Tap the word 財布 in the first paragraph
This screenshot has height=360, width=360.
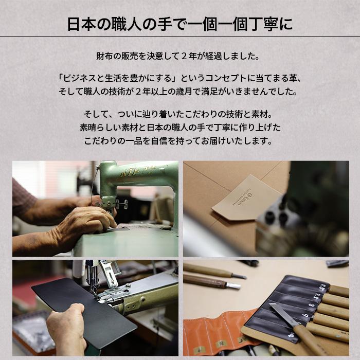coord(104,55)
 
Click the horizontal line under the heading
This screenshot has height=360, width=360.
coord(180,37)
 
